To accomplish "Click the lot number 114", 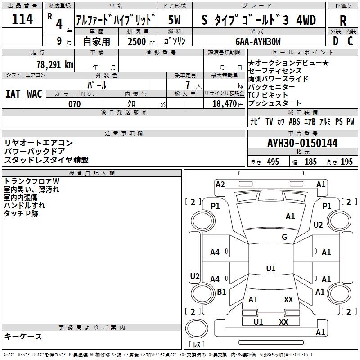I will coord(22,19).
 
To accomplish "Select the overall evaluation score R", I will coord(343,21).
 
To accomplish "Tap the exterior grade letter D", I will coord(335,41).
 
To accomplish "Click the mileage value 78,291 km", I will coord(54,64).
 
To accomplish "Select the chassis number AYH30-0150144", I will coord(302,143).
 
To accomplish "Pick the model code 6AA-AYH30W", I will coord(258,41).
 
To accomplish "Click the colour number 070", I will coord(74,104).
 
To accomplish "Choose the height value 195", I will coord(346,162).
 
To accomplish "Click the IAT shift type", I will coord(13,94).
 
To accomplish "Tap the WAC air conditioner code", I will coord(35,94).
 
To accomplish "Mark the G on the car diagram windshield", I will coord(284,237).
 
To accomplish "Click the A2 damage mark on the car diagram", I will coord(220,184).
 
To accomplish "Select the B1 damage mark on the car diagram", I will coord(221,292).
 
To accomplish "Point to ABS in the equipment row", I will coord(294,122).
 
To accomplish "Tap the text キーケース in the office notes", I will coord(23,337).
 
